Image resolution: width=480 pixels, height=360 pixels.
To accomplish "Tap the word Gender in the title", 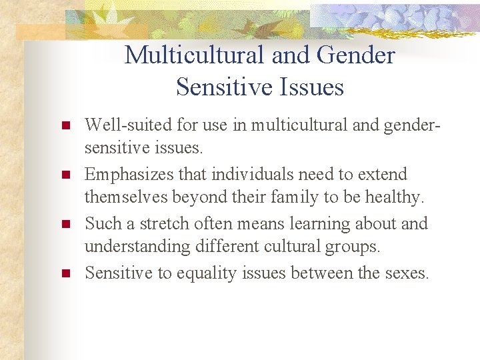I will pyautogui.click(x=356, y=55).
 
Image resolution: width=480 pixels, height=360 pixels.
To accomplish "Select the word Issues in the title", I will pyautogui.click(x=311, y=87).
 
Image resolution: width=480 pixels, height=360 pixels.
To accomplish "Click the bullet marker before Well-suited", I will pyautogui.click(x=65, y=126).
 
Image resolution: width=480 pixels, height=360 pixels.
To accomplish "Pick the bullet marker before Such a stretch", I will pyautogui.click(x=65, y=225).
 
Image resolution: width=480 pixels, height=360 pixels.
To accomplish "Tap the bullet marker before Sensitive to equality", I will pyautogui.click(x=65, y=273).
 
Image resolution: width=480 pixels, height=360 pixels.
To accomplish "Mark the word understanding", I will pyautogui.click(x=138, y=247).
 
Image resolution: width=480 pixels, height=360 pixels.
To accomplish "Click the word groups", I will pyautogui.click(x=353, y=247).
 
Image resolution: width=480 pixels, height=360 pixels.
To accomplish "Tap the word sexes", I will pyautogui.click(x=405, y=273).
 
